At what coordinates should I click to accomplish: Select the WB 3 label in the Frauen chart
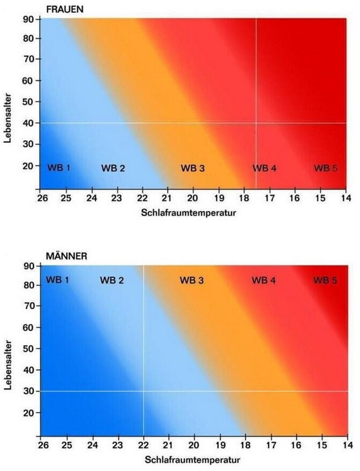point(192,168)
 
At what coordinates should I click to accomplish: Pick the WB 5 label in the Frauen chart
point(325,168)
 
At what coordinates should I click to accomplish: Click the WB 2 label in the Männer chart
point(112,279)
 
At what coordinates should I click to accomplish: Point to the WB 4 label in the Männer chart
point(264,279)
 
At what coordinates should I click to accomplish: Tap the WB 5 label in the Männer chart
point(325,279)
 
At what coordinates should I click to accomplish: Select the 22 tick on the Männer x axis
point(143,444)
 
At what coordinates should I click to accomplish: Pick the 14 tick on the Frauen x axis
point(346,197)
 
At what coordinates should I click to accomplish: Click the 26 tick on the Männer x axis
point(41,444)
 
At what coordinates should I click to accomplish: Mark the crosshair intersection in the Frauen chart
point(256,123)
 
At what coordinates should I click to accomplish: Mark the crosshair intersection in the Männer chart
point(143,391)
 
